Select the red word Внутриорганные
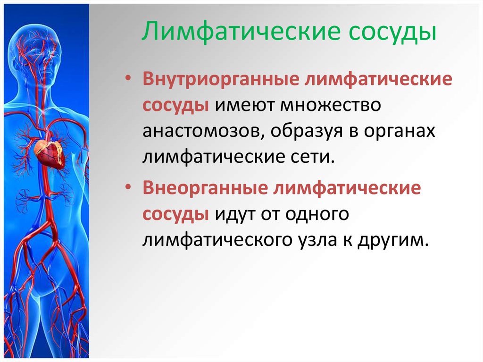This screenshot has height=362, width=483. (221, 79)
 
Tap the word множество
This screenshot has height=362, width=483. (331, 105)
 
